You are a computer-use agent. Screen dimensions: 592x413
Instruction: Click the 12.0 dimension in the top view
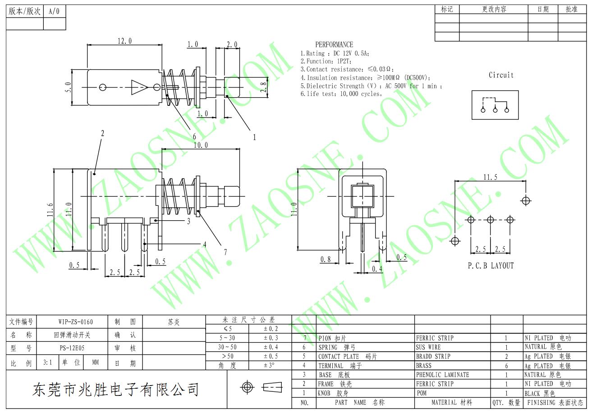(x=124, y=41)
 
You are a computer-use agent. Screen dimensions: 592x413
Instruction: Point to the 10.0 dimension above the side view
(x=201, y=145)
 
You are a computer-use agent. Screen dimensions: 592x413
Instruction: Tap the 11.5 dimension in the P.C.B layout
(x=490, y=177)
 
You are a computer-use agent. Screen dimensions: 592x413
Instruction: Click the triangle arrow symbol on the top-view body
(x=139, y=87)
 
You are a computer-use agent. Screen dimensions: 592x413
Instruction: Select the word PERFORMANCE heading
(x=334, y=45)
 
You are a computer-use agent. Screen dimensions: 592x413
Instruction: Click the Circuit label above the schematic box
(x=501, y=75)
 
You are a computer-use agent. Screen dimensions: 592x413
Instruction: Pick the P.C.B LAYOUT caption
(x=491, y=265)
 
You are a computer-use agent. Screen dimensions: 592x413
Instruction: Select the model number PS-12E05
(x=72, y=348)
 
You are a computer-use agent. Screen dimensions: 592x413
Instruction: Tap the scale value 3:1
(x=48, y=362)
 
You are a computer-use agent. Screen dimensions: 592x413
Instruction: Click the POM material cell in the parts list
(x=422, y=393)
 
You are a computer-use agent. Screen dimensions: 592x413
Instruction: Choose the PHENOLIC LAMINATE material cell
(x=442, y=375)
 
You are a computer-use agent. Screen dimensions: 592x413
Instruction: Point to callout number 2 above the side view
(x=102, y=133)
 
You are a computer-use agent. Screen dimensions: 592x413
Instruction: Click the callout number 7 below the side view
(x=225, y=252)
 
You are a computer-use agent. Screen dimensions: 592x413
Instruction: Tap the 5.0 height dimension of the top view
(x=68, y=87)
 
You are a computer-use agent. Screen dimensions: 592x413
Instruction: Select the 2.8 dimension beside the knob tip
(x=263, y=87)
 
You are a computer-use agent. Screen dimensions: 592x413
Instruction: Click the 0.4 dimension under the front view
(x=377, y=269)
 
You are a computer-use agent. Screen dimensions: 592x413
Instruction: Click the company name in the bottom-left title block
(x=115, y=390)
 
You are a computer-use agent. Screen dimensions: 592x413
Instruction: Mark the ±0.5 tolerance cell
(x=271, y=356)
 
